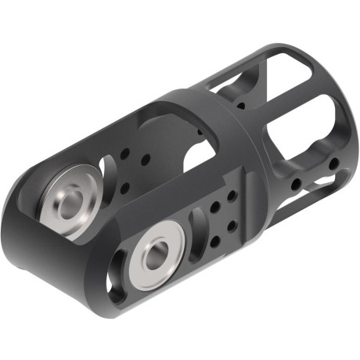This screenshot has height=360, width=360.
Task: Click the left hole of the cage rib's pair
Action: click(x=297, y=185)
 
